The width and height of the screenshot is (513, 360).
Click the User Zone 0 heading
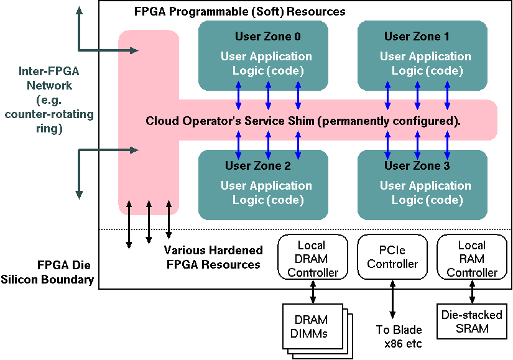pos(263,36)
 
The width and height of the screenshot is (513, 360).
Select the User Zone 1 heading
pos(417,36)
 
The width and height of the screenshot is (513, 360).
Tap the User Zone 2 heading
pos(257,166)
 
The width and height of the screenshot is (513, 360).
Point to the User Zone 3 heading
pos(417,166)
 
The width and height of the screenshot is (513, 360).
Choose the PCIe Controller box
pos(392,257)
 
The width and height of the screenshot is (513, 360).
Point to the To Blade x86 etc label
pos(399,336)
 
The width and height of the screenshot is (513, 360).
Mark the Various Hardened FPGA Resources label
pos(213,257)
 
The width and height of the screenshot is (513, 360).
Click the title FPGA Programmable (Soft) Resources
pos(239,12)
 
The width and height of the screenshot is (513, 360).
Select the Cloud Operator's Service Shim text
pos(303,121)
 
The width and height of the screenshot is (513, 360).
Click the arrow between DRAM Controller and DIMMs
pos(312,291)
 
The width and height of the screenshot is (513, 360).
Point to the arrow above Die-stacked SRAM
pos(472,291)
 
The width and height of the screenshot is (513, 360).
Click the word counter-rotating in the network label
pos(49,114)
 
